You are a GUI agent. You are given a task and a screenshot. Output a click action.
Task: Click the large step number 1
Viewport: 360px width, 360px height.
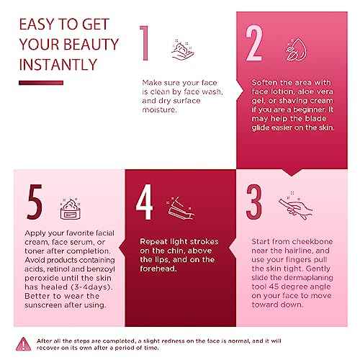coord(145,43)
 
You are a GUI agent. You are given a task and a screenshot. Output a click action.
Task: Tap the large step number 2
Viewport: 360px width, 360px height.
coord(254,43)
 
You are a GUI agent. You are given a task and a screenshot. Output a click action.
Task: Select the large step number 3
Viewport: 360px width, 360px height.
coord(254,202)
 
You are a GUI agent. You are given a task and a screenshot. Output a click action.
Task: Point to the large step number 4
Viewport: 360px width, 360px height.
coord(144,202)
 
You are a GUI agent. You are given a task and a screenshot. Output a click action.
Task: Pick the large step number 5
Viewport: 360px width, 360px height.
coord(35,202)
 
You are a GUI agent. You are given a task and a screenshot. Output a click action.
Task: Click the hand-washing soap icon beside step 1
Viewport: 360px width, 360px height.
coord(183,50)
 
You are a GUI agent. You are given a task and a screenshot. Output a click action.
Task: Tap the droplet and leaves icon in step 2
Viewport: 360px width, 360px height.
coord(296,50)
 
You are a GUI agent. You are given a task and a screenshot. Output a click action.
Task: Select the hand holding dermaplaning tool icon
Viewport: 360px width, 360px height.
coord(296,206)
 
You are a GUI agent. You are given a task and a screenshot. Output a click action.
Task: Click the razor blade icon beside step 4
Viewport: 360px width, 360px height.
coord(180,208)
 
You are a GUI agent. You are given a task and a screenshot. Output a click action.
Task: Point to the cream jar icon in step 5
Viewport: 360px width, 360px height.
coord(71,209)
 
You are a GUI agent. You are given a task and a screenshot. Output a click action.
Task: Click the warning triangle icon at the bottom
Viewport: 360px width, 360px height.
coord(23,344)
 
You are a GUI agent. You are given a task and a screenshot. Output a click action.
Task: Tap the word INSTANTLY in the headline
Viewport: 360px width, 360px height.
coord(58,65)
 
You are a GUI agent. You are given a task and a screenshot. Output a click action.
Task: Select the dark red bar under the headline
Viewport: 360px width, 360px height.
coord(41,83)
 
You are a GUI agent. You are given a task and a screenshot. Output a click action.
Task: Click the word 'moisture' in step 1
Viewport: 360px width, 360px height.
coord(159,109)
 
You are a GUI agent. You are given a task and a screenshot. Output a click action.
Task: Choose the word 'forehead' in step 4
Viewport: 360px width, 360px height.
coord(158,269)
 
